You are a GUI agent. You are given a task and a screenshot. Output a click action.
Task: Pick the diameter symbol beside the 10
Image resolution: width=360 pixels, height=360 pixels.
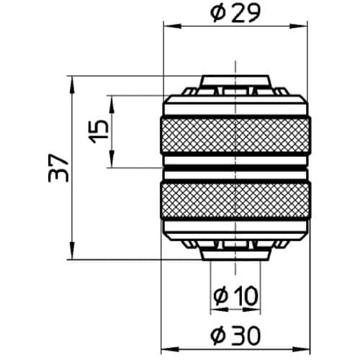point(222,294)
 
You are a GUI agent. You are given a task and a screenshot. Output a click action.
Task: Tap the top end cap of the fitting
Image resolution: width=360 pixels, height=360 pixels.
point(235,81)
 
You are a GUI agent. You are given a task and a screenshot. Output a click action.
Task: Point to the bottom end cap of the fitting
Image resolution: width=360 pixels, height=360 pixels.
point(235,253)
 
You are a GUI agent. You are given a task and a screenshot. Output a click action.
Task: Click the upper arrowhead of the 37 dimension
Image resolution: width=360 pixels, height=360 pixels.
point(73,81)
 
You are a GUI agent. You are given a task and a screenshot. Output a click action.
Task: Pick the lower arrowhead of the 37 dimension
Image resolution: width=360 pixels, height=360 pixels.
point(73,253)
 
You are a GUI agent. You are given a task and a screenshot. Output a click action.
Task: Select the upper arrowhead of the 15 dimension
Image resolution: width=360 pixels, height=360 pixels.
point(112,101)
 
